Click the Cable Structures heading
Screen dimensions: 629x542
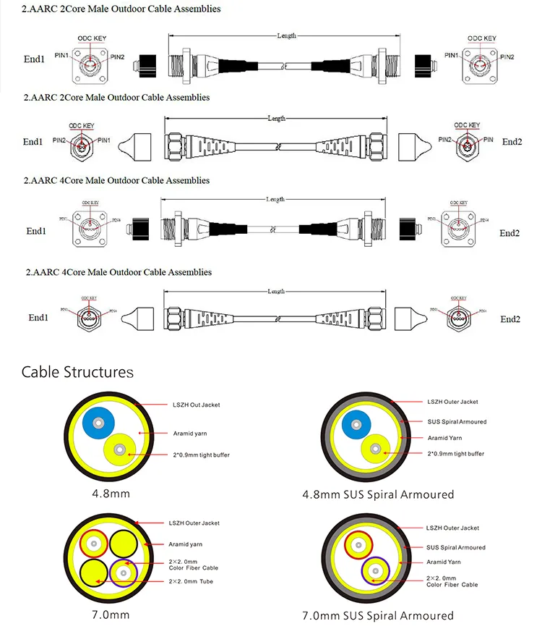click(77, 372)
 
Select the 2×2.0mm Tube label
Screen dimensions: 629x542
click(191, 581)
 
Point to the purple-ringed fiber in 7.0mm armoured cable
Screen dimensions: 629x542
click(375, 573)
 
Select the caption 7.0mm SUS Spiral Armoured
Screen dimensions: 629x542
click(377, 616)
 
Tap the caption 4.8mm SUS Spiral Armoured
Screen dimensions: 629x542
click(377, 494)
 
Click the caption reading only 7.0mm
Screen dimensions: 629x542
click(111, 615)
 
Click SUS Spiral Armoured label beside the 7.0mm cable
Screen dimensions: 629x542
click(455, 547)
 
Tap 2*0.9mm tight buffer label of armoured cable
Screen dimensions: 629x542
click(455, 454)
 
